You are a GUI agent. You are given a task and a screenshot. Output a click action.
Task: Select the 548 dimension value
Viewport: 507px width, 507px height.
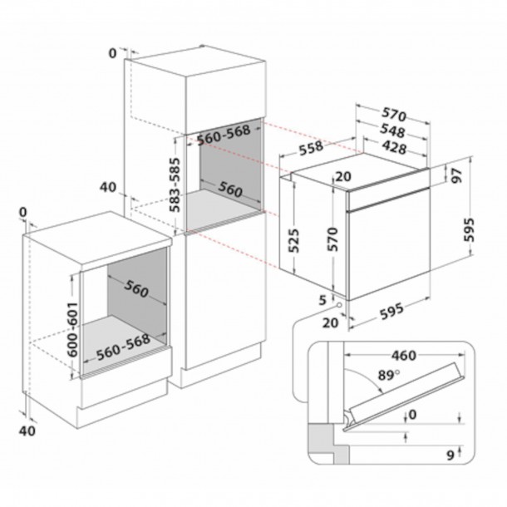[392, 131]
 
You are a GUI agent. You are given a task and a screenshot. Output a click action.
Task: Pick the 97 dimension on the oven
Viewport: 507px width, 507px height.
[455, 175]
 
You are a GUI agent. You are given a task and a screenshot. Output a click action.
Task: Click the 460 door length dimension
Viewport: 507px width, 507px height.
[402, 356]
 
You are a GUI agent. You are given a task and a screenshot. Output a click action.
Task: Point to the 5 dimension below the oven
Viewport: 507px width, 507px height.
[322, 298]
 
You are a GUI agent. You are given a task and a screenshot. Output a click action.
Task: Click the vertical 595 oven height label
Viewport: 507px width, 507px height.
[470, 227]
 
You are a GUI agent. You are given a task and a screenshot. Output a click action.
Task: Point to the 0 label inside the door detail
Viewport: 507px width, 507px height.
[412, 415]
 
